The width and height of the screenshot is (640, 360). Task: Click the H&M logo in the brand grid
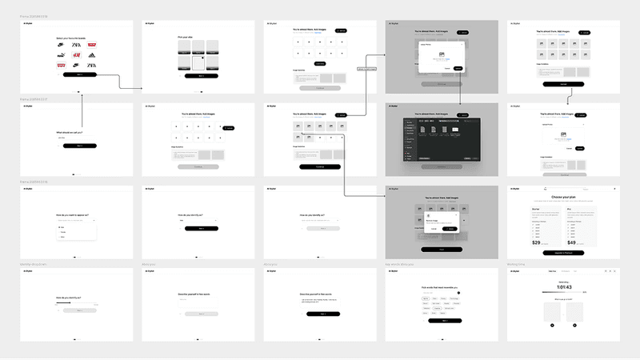(76, 55)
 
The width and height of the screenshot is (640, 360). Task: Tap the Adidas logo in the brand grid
(91, 55)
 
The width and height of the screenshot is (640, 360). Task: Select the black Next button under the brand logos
(79, 74)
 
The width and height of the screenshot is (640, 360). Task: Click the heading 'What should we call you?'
(70, 132)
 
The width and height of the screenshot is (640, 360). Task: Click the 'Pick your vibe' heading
(186, 37)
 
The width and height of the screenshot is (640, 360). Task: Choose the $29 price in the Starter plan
(536, 242)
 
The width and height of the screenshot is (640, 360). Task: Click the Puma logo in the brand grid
(61, 55)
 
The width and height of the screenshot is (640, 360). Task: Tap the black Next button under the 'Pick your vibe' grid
(194, 76)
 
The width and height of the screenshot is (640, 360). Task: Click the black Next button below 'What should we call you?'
(79, 146)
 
